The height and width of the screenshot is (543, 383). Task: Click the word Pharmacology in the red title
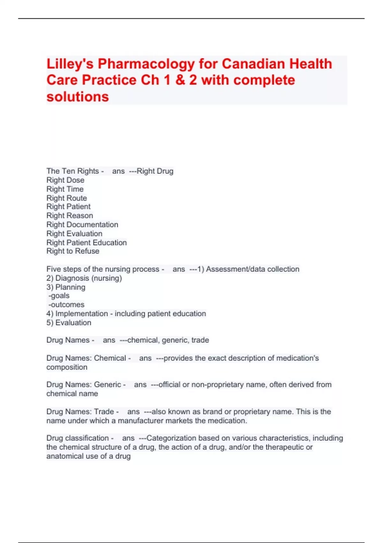(x=146, y=64)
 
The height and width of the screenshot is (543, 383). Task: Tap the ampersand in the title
(x=180, y=80)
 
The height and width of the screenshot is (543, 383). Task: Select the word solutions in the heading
(x=78, y=97)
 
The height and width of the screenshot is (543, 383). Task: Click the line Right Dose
(x=65, y=180)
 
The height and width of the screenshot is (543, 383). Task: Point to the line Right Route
(x=67, y=198)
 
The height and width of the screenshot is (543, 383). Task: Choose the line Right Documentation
(x=82, y=225)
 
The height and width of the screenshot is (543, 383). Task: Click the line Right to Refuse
(x=73, y=251)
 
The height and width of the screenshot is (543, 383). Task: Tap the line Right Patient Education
(x=86, y=242)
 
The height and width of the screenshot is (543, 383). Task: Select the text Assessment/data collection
(x=252, y=269)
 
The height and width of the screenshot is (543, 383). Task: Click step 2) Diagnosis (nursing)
(x=84, y=278)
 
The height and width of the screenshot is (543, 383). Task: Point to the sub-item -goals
(x=59, y=296)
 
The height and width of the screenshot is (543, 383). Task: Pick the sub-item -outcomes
(x=66, y=305)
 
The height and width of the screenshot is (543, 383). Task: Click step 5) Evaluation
(x=69, y=323)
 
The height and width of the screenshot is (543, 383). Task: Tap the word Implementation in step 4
(x=81, y=314)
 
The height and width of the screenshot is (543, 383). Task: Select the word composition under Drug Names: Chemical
(x=67, y=367)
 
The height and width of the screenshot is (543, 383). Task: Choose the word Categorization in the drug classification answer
(x=171, y=438)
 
